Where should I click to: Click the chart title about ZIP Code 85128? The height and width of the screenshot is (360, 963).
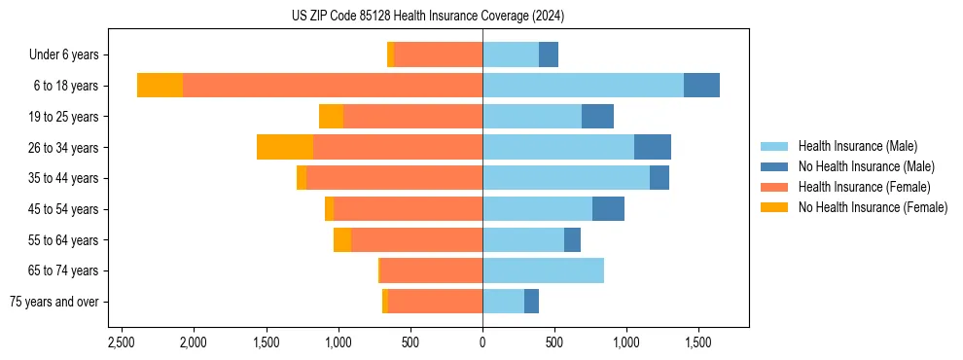point(428,17)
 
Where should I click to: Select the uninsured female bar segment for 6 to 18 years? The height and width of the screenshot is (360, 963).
point(160,86)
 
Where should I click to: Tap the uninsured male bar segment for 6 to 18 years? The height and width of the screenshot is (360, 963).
point(701,86)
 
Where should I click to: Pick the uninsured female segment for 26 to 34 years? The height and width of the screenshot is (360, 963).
point(285,147)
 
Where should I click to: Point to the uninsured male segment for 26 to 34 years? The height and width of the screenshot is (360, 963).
point(653,147)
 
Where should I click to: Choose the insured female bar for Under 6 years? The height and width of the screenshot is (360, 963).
point(439,54)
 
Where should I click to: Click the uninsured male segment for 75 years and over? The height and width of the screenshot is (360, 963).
point(531,302)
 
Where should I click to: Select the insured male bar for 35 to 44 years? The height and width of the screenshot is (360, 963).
point(566,178)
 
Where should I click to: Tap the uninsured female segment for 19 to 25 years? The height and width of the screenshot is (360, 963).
point(331,117)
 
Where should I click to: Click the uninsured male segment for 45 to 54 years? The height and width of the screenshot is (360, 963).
point(608,209)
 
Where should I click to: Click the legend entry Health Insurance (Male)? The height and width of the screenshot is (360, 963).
point(857,146)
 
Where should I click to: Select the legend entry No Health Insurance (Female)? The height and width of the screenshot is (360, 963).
point(873,207)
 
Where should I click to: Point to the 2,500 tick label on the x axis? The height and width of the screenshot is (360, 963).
point(122,343)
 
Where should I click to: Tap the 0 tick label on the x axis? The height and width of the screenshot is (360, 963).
point(482,343)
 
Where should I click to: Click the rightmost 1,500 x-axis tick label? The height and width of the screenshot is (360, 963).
point(698,343)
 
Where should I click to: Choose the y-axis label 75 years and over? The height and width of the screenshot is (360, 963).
point(53,302)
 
